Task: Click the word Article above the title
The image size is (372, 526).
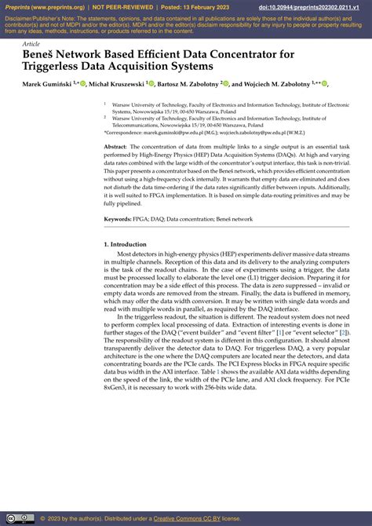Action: point(31,44)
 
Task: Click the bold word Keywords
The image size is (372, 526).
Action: point(119,219)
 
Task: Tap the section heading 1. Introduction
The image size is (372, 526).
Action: point(126,245)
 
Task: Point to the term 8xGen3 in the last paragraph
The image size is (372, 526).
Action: point(116,453)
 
